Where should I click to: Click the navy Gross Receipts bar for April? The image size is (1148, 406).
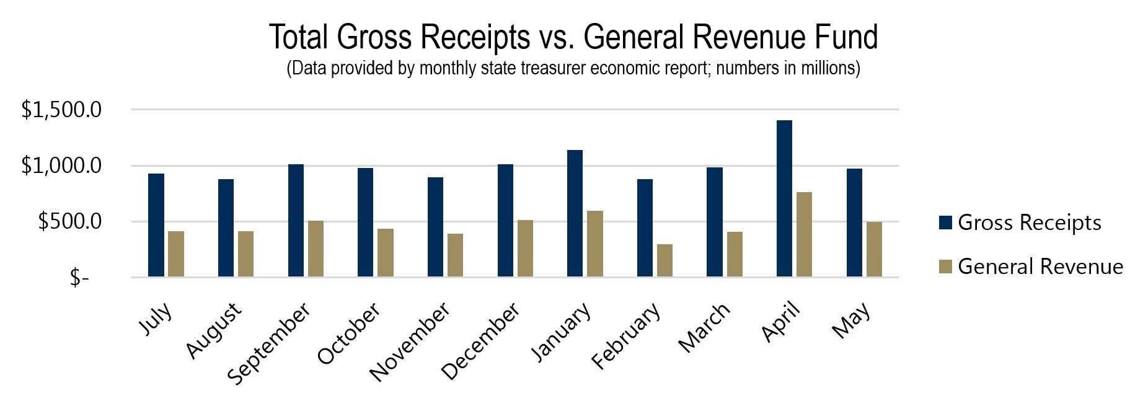coord(784,198)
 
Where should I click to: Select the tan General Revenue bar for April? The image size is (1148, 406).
coord(805,234)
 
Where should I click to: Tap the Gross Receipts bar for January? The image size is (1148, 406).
coord(575,213)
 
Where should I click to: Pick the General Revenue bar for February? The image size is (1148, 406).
coord(665,260)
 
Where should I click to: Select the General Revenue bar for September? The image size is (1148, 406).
coord(316,249)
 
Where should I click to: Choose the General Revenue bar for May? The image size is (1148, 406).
coord(874,249)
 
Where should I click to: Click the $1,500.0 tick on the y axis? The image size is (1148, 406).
coord(61,110)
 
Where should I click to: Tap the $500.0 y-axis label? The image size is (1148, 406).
coord(69,222)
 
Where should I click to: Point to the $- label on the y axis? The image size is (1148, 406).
coord(79,278)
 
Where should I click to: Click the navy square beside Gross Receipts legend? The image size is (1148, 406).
coord(945,223)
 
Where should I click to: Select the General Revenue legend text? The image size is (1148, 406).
coord(1040,267)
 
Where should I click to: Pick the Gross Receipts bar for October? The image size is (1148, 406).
coord(366,223)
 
